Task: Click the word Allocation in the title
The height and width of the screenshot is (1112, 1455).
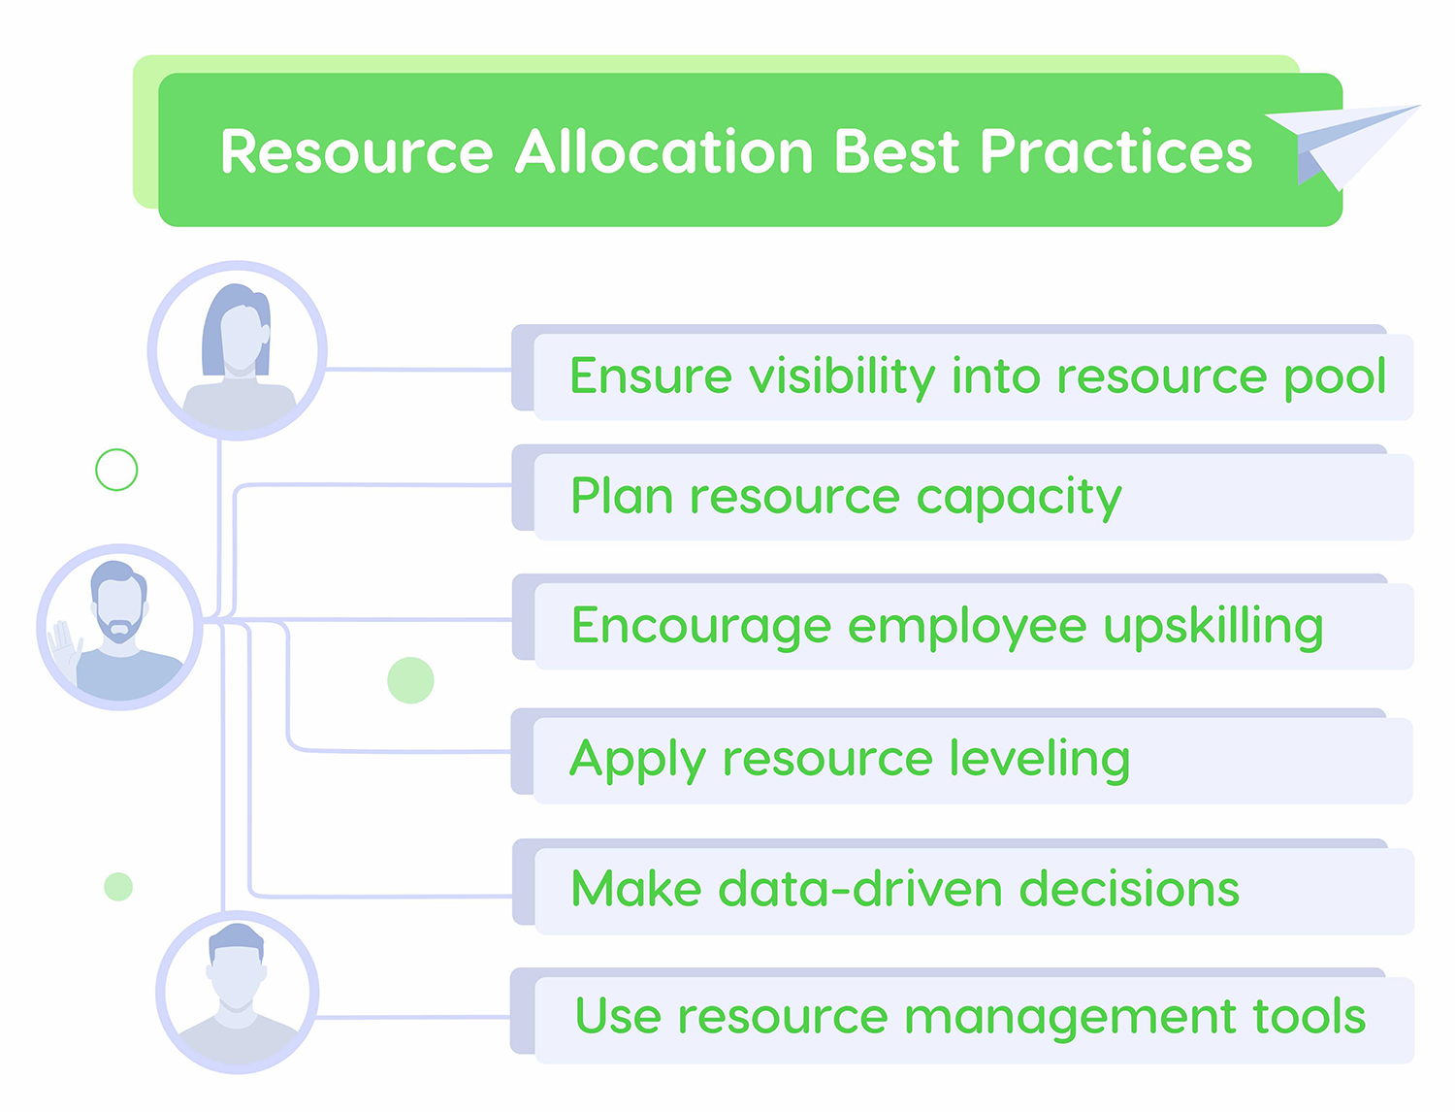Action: [x=664, y=151]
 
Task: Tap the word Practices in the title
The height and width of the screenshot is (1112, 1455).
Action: [x=1116, y=151]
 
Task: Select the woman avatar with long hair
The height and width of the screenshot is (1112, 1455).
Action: [x=238, y=350]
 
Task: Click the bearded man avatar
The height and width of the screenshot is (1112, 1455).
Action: [x=119, y=627]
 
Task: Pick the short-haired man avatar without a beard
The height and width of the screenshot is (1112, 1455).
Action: [x=238, y=992]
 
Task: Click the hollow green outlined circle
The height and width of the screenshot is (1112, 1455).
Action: [x=116, y=471]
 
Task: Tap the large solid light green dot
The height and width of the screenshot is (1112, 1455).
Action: [x=410, y=680]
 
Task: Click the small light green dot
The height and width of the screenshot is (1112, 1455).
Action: [x=118, y=887]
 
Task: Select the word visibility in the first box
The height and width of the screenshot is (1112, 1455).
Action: [x=842, y=378]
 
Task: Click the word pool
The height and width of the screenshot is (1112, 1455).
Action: [x=1335, y=378]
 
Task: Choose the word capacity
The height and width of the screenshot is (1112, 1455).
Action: [x=1018, y=499]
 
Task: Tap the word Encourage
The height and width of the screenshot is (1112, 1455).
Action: [x=701, y=628]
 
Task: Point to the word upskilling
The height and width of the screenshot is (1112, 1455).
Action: [x=1213, y=628]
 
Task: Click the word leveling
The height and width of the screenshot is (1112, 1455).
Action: [x=1040, y=760]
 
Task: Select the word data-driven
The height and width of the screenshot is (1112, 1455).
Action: [x=860, y=889]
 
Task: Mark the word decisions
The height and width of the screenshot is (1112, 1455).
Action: [x=1129, y=889]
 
